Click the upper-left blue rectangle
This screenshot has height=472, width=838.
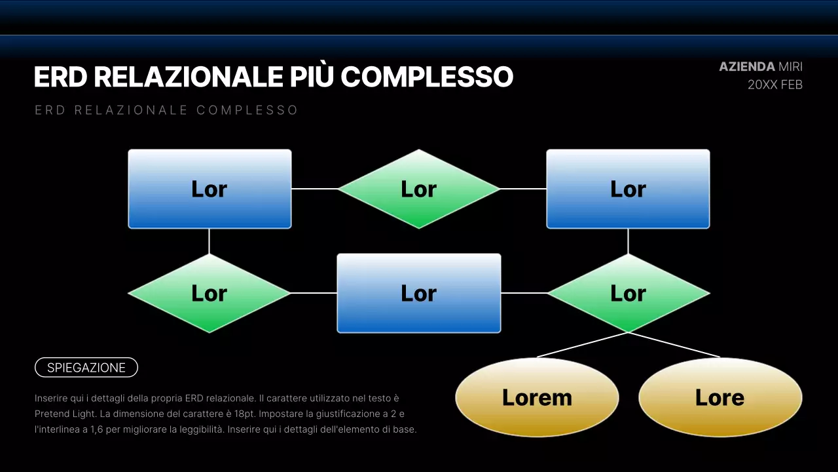tap(209, 189)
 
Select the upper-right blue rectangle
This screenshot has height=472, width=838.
tap(628, 189)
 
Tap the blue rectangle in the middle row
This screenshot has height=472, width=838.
tap(419, 293)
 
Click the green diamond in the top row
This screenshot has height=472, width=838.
tap(419, 189)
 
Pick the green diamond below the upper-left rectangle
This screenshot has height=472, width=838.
tap(209, 293)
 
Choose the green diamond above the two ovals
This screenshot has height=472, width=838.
tap(628, 293)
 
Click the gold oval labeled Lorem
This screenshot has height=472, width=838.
tap(537, 397)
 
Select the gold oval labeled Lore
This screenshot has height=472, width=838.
tap(720, 397)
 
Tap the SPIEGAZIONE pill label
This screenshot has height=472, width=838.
tap(86, 368)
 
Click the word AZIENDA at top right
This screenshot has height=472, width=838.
tap(746, 67)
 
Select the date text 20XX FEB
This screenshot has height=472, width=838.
tap(775, 85)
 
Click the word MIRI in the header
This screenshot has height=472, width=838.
tap(790, 67)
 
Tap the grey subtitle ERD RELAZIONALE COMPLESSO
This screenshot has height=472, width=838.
tap(166, 110)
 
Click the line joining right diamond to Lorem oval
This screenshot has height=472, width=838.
tap(582, 345)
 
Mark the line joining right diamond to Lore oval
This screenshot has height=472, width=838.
tap(674, 345)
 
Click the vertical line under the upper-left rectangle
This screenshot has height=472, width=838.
tap(209, 241)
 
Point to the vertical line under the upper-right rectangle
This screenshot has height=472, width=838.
tap(628, 241)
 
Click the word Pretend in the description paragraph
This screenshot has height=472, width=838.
tap(54, 414)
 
